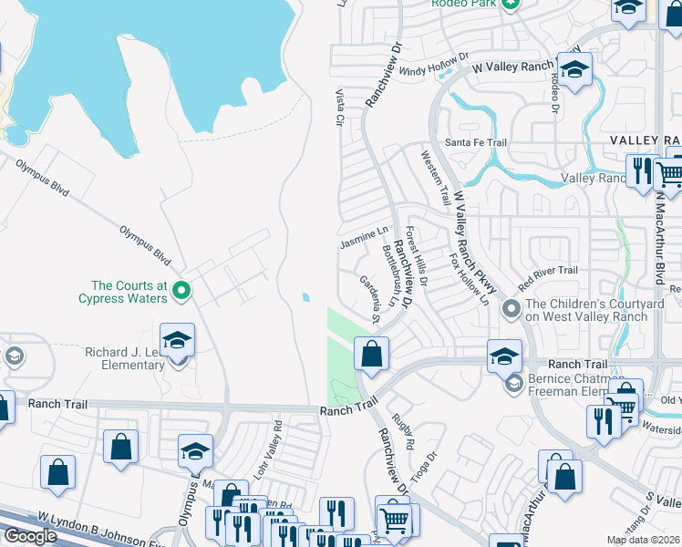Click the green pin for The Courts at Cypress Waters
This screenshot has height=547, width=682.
click(181, 291)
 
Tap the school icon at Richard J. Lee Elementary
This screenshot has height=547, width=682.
click(178, 343)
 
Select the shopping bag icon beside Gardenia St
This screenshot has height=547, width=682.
click(371, 355)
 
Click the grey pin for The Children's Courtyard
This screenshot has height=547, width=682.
click(511, 310)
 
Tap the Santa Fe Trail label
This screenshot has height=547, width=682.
click(475, 143)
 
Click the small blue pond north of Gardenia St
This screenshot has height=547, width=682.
click(305, 297)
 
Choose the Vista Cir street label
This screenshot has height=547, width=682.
click(339, 107)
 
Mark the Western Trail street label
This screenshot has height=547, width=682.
click(435, 177)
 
